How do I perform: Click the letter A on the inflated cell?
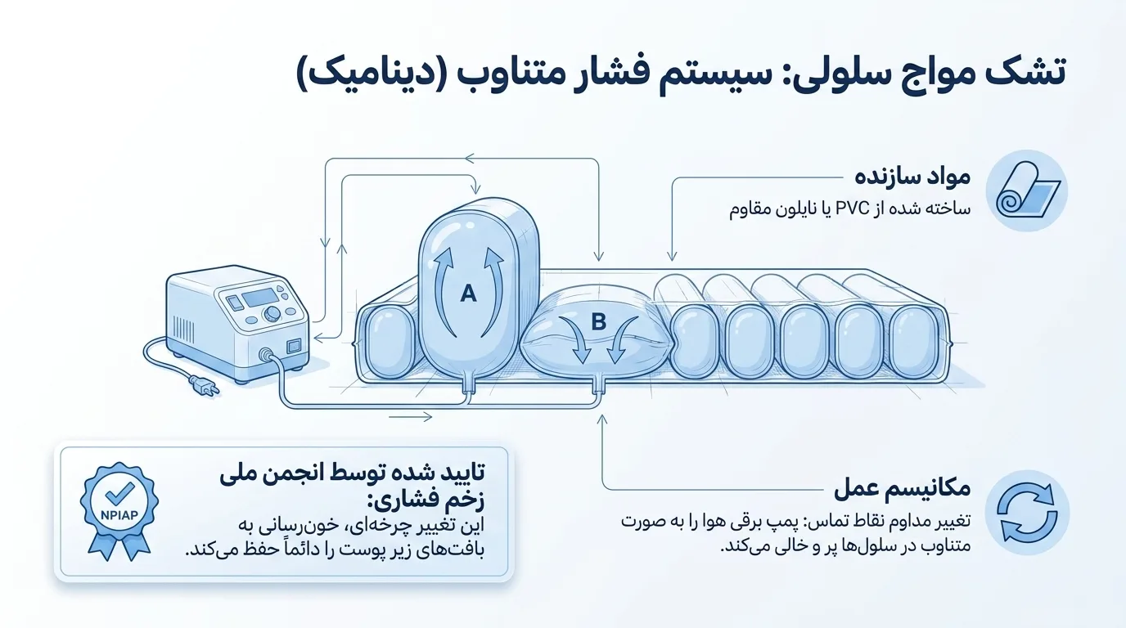tap(468, 293)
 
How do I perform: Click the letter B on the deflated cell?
tap(599, 321)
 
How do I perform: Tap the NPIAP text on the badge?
tap(119, 515)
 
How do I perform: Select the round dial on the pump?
tap(272, 313)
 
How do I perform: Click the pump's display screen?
tap(259, 298)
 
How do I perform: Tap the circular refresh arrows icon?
tap(1027, 513)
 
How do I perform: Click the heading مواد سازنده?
tap(912, 177)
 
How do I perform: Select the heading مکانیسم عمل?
tap(903, 488)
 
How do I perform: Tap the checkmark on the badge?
tap(120, 493)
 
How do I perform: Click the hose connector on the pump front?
tap(266, 355)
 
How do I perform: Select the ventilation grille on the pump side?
tap(183, 326)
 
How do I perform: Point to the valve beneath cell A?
tap(469, 387)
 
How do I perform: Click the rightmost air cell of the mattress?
tap(916, 342)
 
